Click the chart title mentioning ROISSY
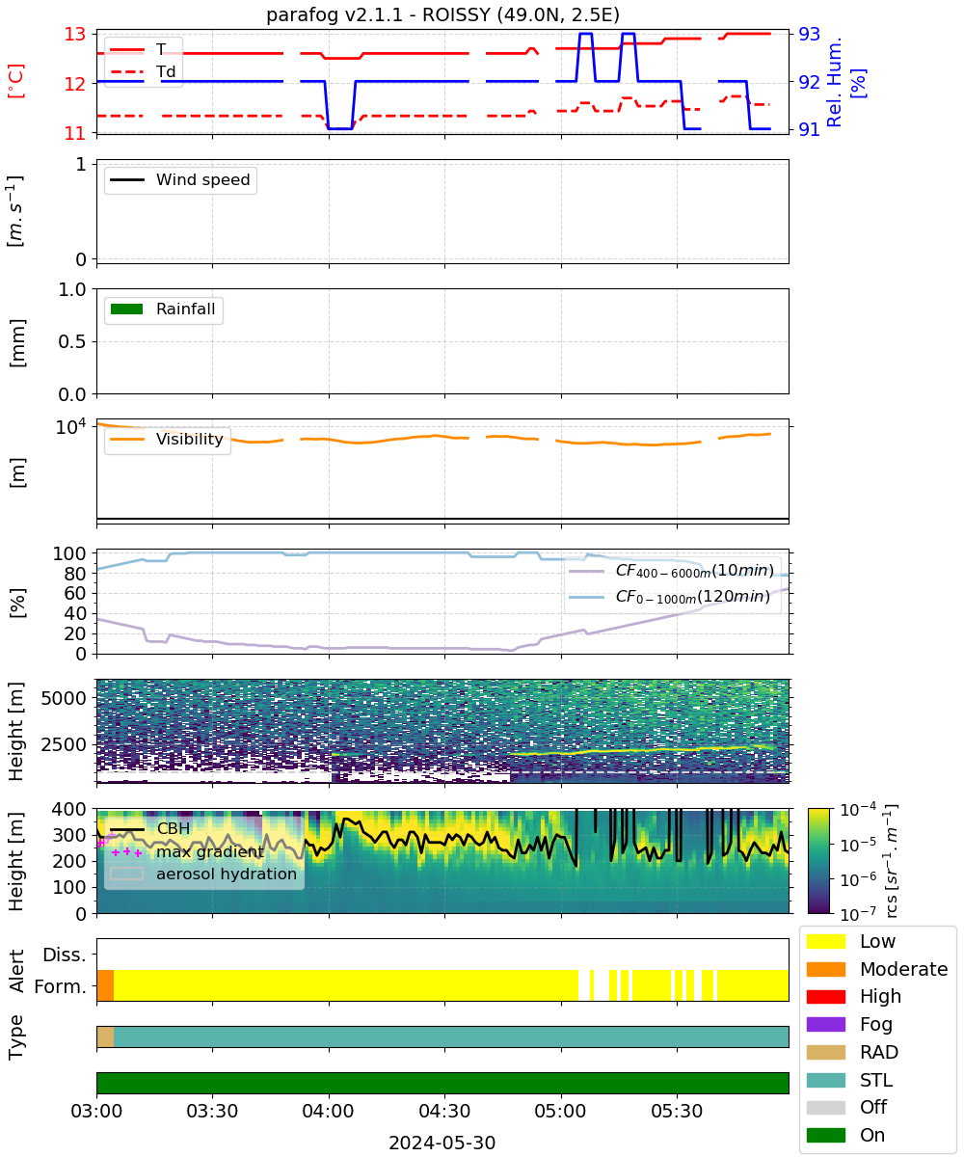click(x=442, y=14)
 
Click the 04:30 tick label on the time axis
click(x=444, y=1111)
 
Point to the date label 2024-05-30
click(x=442, y=1143)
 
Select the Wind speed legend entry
click(x=180, y=179)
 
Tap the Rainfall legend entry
click(x=163, y=309)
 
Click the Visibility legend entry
click(x=167, y=439)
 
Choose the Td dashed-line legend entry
click(x=143, y=71)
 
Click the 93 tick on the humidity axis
click(x=809, y=35)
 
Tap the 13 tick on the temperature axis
click(x=75, y=35)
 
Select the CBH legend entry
click(x=149, y=828)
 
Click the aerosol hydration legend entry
click(x=203, y=874)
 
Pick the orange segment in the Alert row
click(x=105, y=985)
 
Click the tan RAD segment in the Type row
click(x=105, y=1036)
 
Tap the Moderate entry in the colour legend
click(x=877, y=969)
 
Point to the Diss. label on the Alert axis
click(x=65, y=955)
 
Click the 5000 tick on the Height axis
click(x=64, y=698)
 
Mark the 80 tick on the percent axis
click(x=75, y=574)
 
